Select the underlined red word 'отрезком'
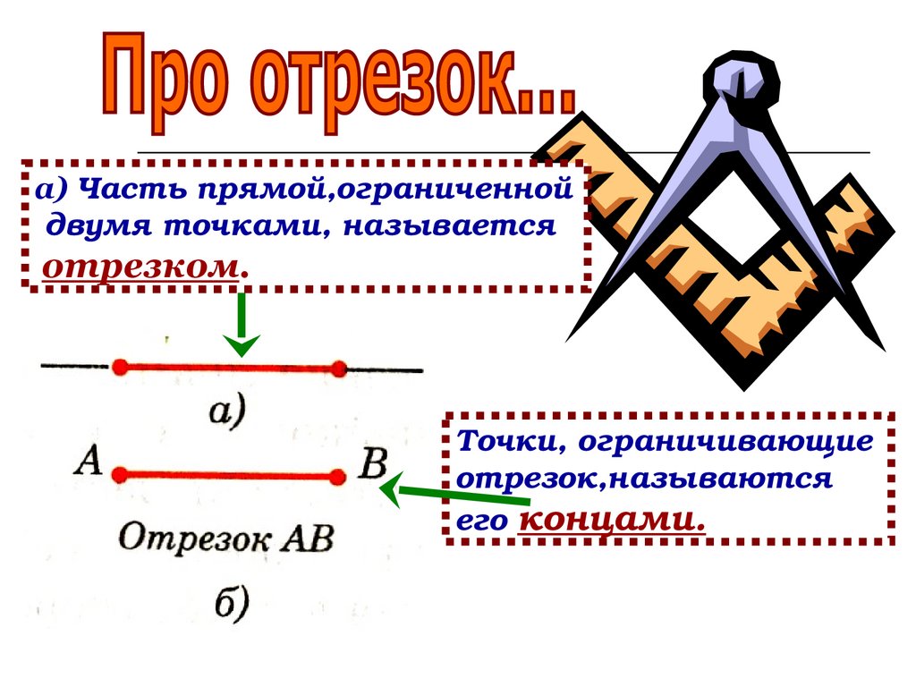(143, 266)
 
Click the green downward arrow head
(241, 344)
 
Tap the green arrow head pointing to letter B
(389, 489)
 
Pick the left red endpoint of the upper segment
(120, 367)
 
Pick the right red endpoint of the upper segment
(338, 368)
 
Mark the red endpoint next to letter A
(120, 474)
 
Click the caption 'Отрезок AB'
(226, 538)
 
